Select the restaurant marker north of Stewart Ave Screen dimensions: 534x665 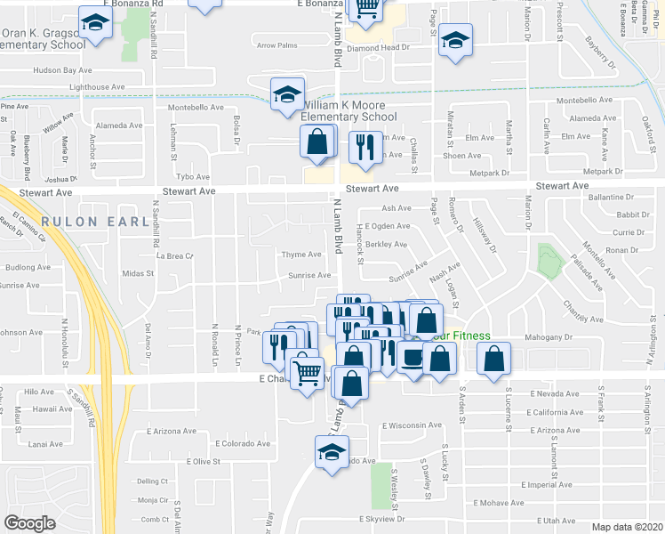(x=364, y=145)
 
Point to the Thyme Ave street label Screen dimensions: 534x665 (x=300, y=255)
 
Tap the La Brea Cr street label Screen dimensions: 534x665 (x=174, y=255)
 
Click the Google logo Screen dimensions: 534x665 (x=29, y=522)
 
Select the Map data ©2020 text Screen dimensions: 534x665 (x=626, y=526)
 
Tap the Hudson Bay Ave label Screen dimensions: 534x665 (x=62, y=69)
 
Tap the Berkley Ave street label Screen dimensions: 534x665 (x=386, y=244)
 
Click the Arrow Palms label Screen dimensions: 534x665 (x=276, y=45)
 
